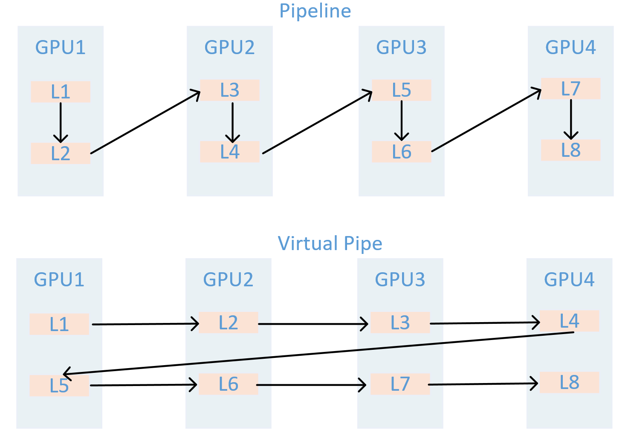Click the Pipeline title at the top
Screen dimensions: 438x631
coord(315,11)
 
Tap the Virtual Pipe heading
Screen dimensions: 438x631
coord(330,244)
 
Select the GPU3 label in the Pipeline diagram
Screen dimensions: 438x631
coord(401,47)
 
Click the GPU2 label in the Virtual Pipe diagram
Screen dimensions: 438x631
coord(228,280)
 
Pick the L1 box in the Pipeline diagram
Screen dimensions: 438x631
coord(60,92)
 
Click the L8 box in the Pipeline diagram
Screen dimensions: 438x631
coord(570,150)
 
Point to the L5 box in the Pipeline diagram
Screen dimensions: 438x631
coord(401,90)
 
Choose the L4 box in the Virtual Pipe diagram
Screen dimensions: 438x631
coord(569,321)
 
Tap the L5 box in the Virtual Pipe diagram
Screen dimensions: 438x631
coord(59,386)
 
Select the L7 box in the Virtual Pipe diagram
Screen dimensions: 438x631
coord(400,384)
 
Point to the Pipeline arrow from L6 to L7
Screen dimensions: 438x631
coord(486,120)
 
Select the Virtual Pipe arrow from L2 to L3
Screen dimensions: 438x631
coord(313,324)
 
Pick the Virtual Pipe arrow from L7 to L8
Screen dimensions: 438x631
coord(483,384)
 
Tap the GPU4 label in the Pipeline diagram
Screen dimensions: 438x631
coord(570,47)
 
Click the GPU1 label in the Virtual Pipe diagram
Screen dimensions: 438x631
coord(59,280)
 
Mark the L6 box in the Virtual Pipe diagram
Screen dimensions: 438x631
coord(228,384)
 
